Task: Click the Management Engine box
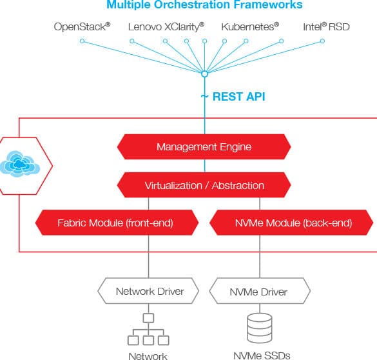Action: pos(204,147)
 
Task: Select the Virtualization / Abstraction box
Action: pos(204,185)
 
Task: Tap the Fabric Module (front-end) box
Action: pos(117,223)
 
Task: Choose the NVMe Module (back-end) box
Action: pos(291,223)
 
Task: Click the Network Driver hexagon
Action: pos(148,291)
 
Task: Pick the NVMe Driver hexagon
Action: pos(260,291)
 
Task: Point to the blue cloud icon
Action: pos(20,164)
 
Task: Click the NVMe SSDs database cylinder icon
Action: pos(260,328)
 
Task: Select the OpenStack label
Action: pos(82,26)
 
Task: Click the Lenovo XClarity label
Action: pos(166,26)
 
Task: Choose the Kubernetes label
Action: pos(250,26)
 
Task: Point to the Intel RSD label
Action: pos(326,26)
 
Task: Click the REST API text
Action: pos(238,97)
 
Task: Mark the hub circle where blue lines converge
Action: pos(204,74)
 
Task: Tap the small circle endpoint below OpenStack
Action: pos(82,41)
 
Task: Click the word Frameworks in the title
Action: pos(268,5)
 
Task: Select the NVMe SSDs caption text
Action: pos(262,355)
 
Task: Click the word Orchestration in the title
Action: pos(192,5)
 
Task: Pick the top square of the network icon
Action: pos(148,318)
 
